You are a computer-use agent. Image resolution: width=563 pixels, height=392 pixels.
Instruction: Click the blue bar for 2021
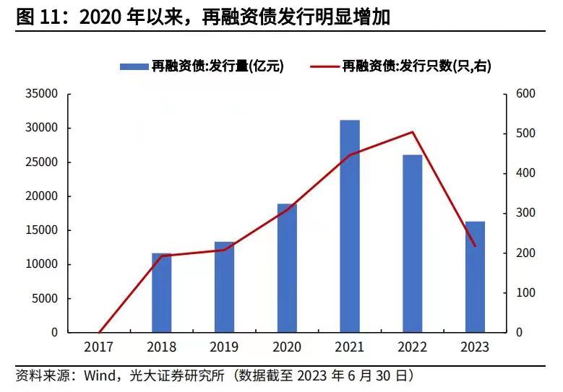pos(350,226)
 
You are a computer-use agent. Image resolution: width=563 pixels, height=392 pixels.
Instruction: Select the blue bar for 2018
pos(161,292)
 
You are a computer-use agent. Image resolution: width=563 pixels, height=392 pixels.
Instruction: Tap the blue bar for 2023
pos(475,276)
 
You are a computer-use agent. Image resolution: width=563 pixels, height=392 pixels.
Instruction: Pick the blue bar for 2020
pos(287,268)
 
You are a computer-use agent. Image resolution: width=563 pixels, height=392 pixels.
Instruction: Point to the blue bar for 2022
pos(413,243)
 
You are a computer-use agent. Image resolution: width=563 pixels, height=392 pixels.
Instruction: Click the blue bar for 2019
pos(224,287)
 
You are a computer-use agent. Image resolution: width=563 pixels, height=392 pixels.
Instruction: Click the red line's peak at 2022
pos(413,132)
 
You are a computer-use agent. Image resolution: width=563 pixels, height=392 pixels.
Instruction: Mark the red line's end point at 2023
pos(475,246)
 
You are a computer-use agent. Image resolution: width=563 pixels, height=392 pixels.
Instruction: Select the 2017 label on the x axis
pos(98,347)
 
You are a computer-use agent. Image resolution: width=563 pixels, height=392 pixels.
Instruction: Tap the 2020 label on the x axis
pos(287,347)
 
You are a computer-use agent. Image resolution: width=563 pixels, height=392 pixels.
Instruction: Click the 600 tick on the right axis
pos(525,94)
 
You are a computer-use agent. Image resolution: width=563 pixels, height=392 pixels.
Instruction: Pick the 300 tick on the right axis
pos(525,213)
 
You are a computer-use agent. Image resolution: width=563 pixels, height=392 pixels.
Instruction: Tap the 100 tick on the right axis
pos(525,292)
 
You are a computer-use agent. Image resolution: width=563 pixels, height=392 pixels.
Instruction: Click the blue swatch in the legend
pos(134,66)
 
